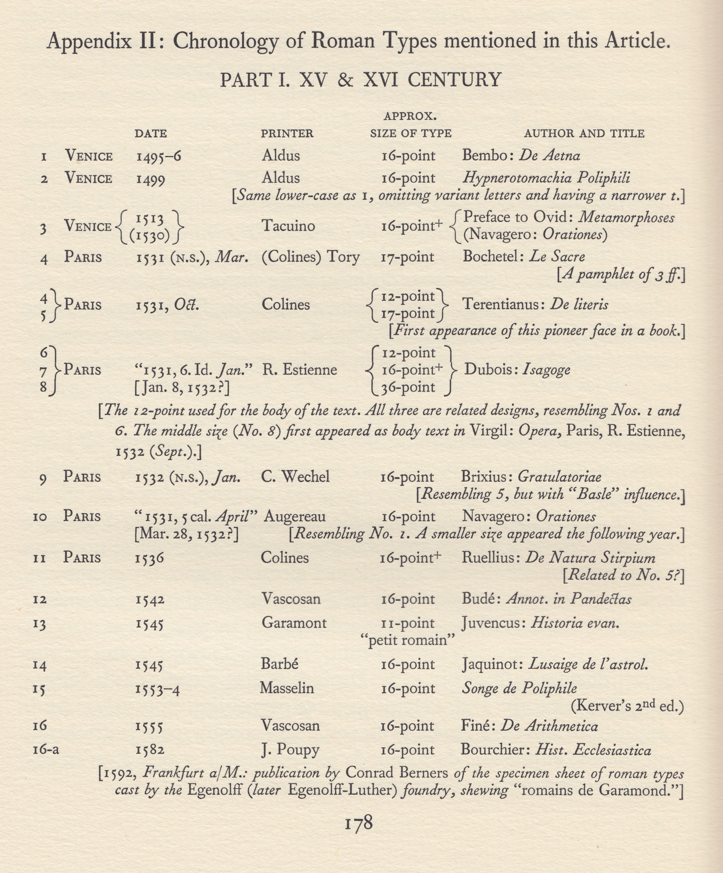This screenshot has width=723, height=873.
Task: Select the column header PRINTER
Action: (287, 133)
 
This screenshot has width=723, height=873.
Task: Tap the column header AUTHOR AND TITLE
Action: (584, 133)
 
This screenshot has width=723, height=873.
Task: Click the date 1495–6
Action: (159, 156)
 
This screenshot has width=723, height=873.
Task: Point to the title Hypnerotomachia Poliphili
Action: (546, 178)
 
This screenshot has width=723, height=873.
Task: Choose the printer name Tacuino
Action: (289, 226)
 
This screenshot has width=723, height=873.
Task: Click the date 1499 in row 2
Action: (150, 179)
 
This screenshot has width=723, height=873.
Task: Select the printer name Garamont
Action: (294, 623)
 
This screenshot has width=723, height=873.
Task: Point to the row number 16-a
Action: (46, 749)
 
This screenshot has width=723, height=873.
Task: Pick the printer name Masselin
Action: (287, 688)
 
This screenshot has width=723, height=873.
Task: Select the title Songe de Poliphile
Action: (520, 688)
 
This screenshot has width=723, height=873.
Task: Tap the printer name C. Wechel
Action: (295, 476)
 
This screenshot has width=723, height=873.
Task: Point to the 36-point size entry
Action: (408, 387)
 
